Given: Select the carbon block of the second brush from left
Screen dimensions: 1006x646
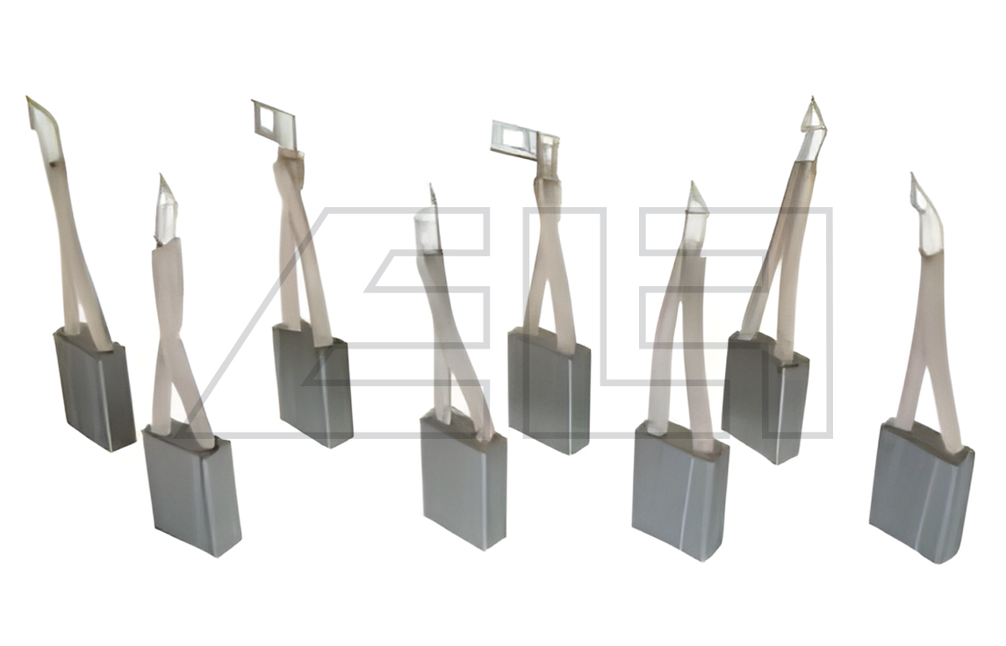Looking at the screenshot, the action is pos(191,491).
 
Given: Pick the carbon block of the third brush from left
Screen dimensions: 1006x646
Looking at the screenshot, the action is pos(313,385).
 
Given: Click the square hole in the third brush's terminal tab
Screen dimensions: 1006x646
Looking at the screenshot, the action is pos(264,118).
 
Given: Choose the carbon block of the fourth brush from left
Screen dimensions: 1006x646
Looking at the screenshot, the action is pos(463,480).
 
